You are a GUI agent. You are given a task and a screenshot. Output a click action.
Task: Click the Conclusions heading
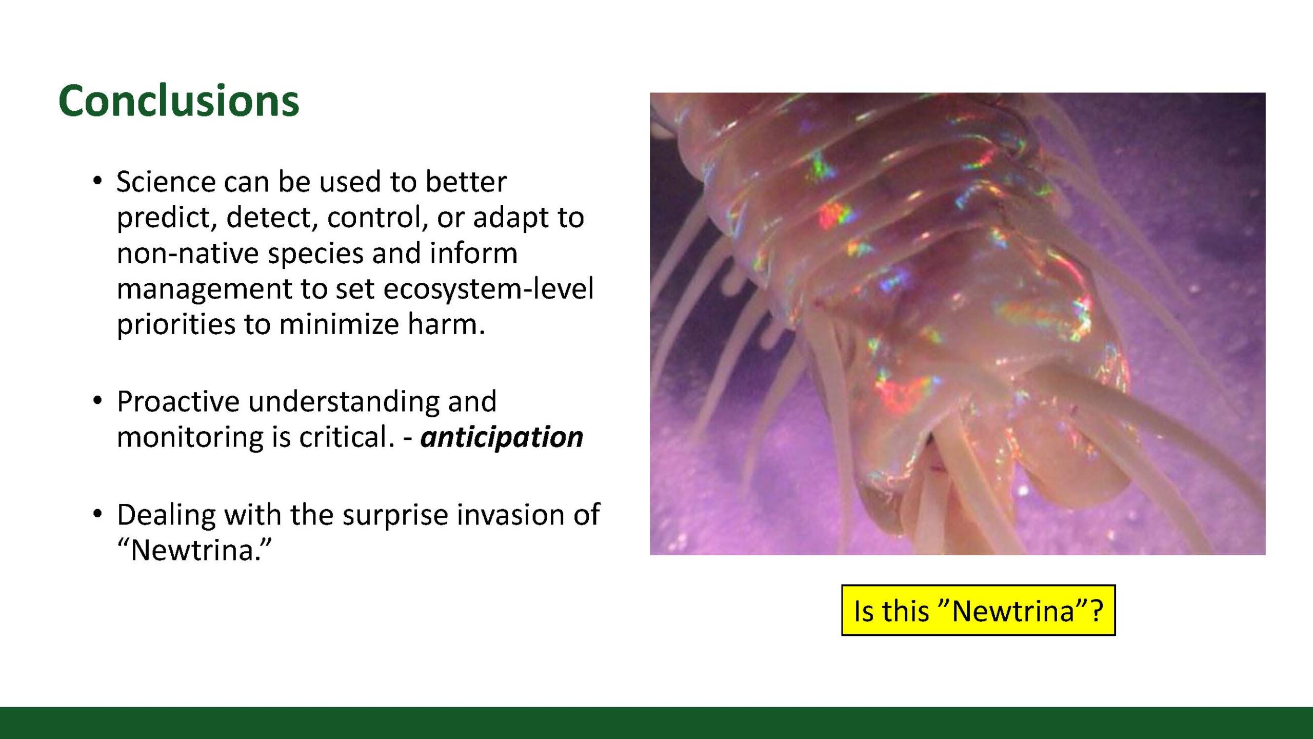[x=178, y=101]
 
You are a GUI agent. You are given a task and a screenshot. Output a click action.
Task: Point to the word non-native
[x=187, y=254]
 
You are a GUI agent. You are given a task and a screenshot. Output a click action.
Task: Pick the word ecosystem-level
[x=488, y=289]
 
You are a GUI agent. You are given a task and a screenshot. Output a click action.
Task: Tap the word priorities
[x=175, y=325]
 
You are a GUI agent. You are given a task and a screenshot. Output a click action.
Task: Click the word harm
[x=446, y=324]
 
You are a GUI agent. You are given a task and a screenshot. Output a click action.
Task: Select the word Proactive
[x=178, y=401]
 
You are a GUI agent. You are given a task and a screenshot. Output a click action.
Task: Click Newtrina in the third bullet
[x=194, y=550]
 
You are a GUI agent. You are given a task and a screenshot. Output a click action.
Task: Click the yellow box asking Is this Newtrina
[x=978, y=610]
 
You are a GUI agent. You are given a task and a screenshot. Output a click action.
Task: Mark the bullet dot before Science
[x=97, y=182]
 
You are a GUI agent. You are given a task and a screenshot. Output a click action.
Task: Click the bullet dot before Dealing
[x=97, y=514]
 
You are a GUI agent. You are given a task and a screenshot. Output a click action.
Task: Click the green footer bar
[x=656, y=723]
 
